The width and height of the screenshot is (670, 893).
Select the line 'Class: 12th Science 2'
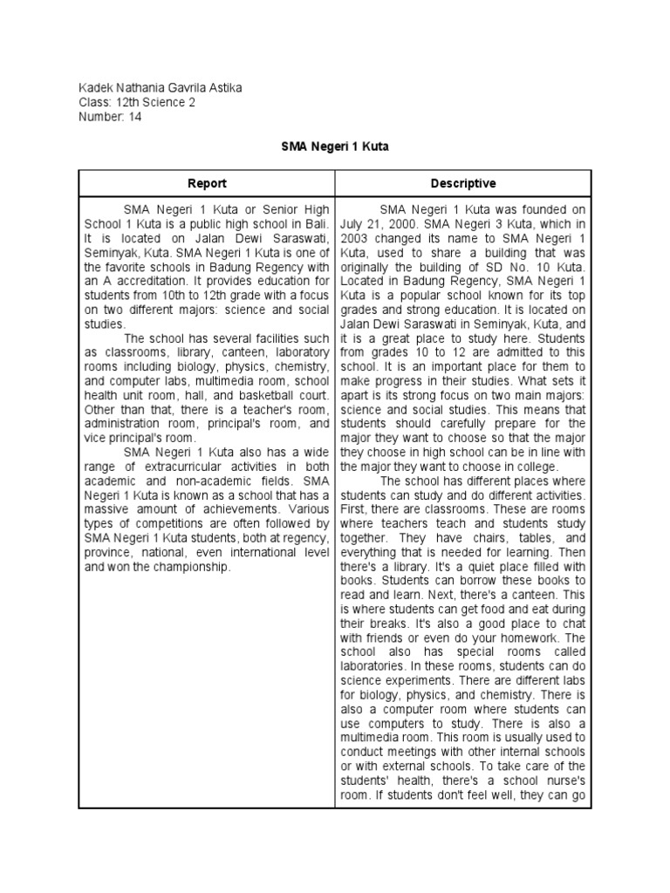[137, 102]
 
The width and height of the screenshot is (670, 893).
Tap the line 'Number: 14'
[110, 117]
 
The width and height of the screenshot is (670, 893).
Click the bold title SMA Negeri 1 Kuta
[335, 147]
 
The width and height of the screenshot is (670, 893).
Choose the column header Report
[207, 183]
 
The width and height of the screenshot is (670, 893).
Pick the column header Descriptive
[463, 183]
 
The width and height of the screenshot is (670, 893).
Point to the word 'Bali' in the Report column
[317, 224]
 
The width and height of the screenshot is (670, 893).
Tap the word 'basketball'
[258, 396]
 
